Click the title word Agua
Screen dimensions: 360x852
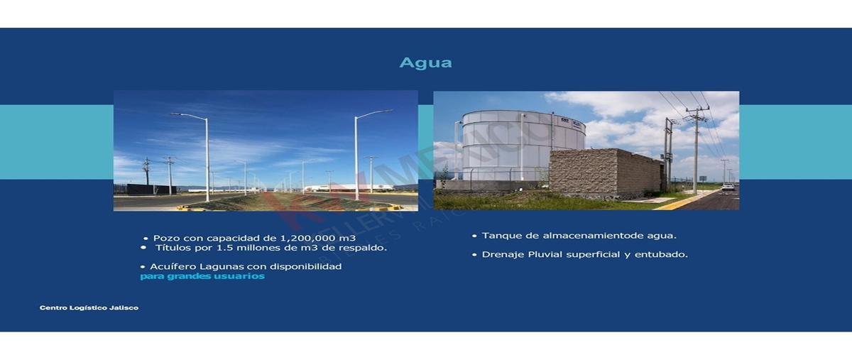click(x=425, y=62)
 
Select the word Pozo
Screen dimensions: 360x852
click(x=165, y=239)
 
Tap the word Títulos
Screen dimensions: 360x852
click(x=173, y=248)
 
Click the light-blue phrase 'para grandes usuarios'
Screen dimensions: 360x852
click(x=202, y=276)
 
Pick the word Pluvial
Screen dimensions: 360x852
click(x=545, y=254)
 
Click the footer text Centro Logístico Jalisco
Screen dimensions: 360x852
click(x=89, y=308)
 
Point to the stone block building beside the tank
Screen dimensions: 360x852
click(x=603, y=173)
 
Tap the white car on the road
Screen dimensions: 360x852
click(x=728, y=187)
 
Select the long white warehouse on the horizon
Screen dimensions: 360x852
click(x=348, y=188)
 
